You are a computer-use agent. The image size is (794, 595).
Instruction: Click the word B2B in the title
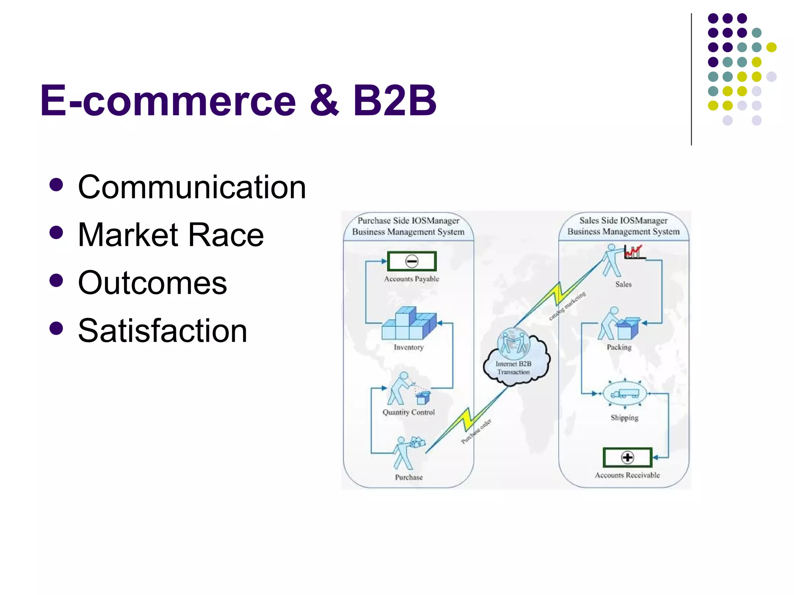(x=394, y=101)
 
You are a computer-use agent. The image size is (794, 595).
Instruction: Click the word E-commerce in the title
(x=168, y=101)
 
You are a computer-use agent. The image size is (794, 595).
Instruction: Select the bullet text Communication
(x=192, y=187)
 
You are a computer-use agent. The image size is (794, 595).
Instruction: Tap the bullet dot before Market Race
(x=57, y=233)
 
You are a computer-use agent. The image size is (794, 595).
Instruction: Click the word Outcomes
(x=152, y=283)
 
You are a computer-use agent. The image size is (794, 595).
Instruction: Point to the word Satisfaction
(x=162, y=331)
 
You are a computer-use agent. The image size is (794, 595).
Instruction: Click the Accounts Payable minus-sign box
(x=412, y=261)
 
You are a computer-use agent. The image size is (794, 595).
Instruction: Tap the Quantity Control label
(x=409, y=412)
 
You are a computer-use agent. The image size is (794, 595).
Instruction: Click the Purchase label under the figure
(x=409, y=477)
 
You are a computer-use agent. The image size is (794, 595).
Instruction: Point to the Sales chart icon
(x=633, y=252)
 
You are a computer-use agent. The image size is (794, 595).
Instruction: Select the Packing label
(x=619, y=347)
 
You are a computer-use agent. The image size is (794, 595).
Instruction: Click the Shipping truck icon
(x=625, y=394)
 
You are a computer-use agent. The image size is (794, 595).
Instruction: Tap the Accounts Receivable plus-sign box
(x=627, y=457)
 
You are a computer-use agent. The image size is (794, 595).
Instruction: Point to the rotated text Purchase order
(x=476, y=431)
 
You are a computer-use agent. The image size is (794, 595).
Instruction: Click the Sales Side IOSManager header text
(x=623, y=226)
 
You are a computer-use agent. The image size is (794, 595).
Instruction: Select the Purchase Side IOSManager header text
(x=408, y=226)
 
